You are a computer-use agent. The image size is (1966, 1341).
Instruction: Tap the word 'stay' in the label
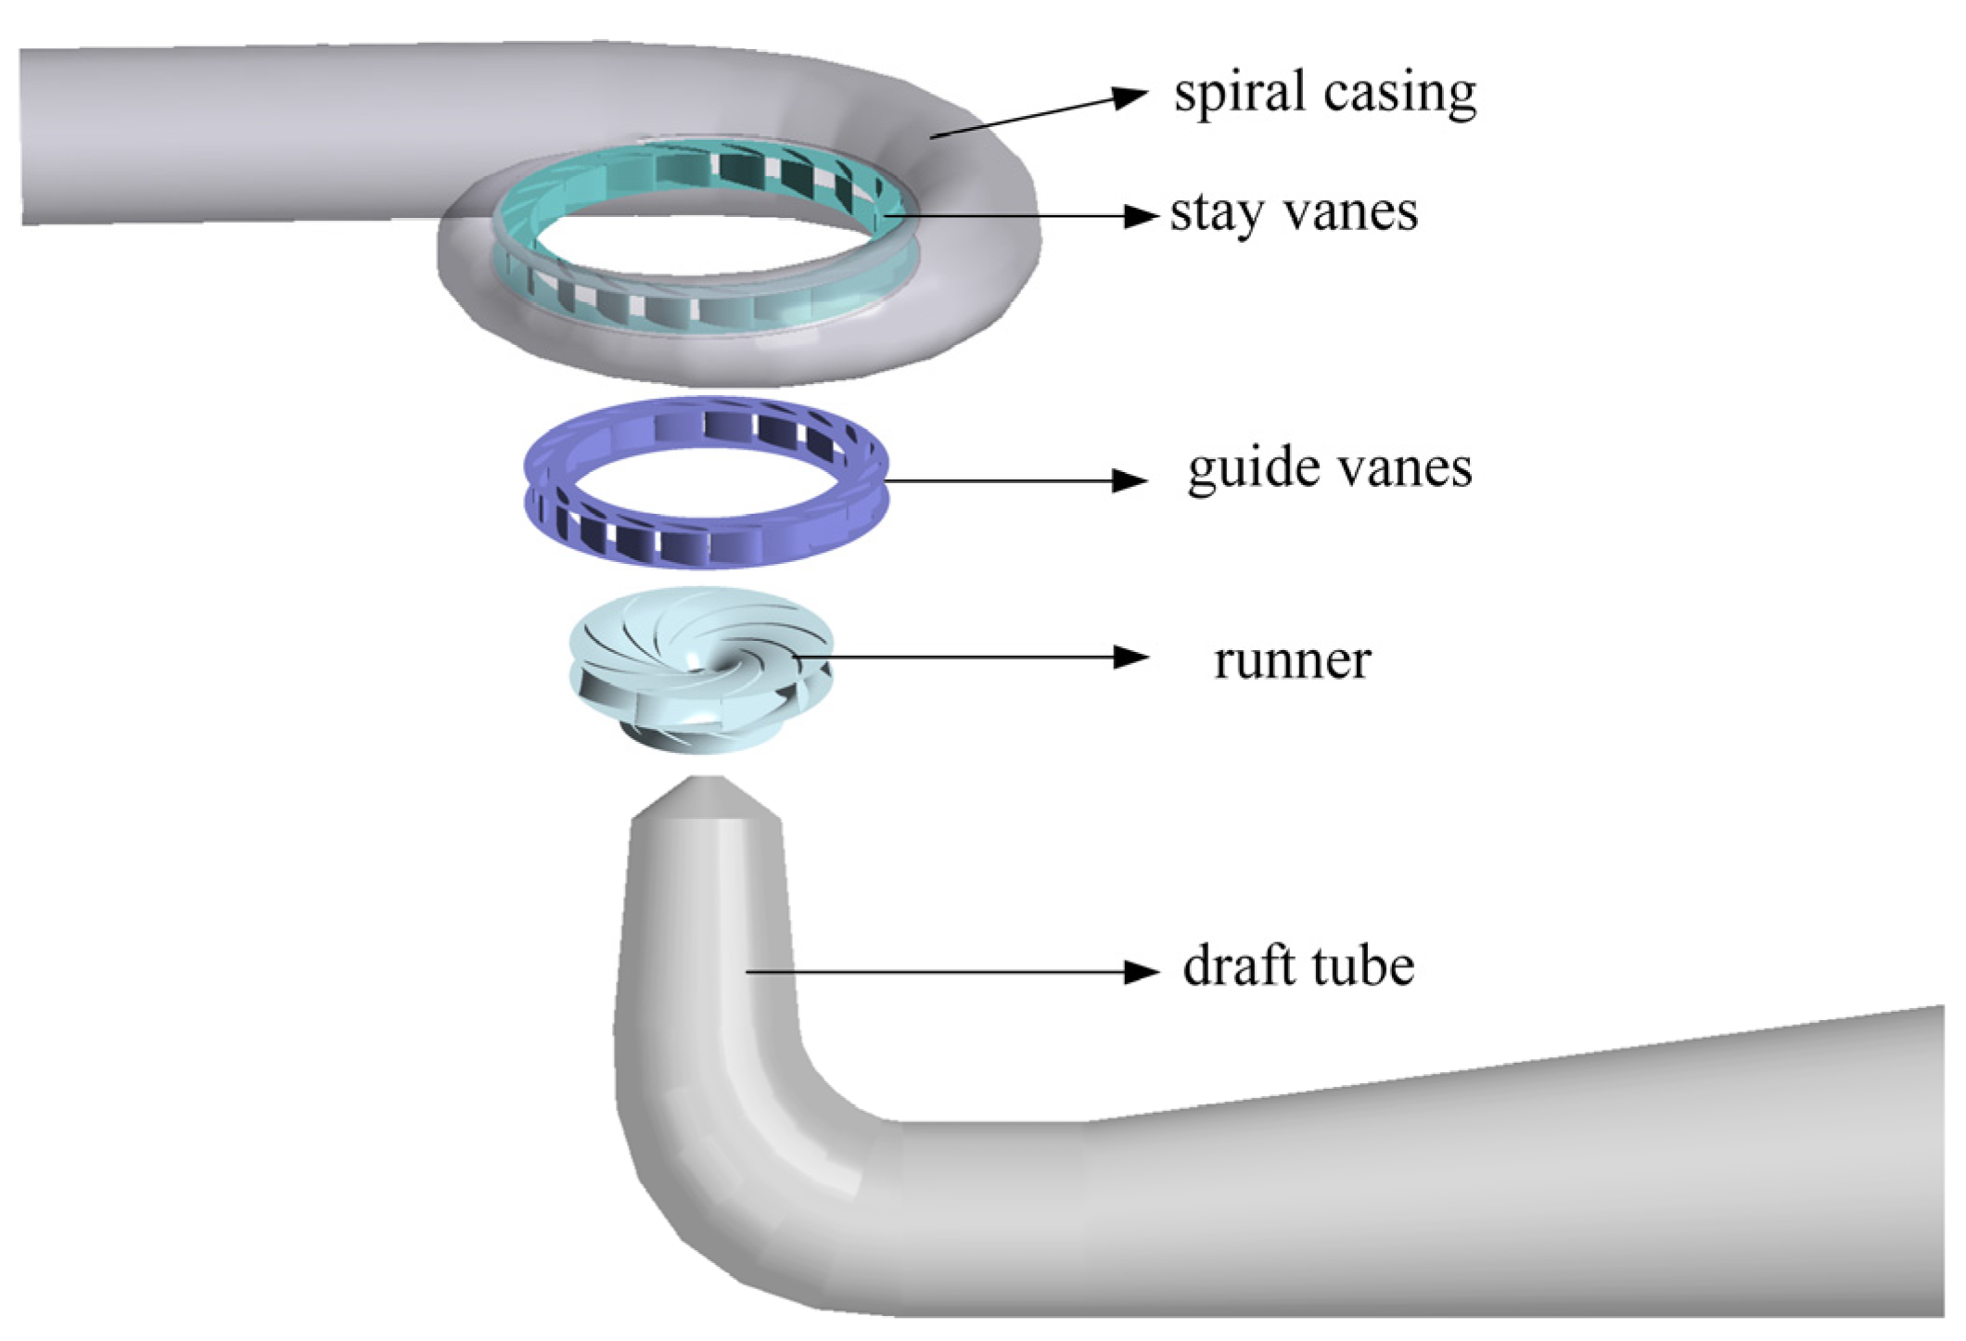click(1216, 213)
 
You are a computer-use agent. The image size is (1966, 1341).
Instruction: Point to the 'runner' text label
click(1292, 661)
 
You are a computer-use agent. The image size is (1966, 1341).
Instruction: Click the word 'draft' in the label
click(1238, 966)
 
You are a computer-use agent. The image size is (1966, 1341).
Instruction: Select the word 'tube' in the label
click(1362, 966)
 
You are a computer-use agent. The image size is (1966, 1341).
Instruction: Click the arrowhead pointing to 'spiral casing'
click(1130, 96)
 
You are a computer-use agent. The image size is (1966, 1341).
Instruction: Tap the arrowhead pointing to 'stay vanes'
click(1140, 216)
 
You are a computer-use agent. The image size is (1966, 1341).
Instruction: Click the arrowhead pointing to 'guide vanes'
click(1129, 480)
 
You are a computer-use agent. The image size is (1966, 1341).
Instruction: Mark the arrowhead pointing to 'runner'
click(1130, 658)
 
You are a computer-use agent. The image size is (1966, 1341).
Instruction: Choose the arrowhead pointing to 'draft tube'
click(1140, 972)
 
